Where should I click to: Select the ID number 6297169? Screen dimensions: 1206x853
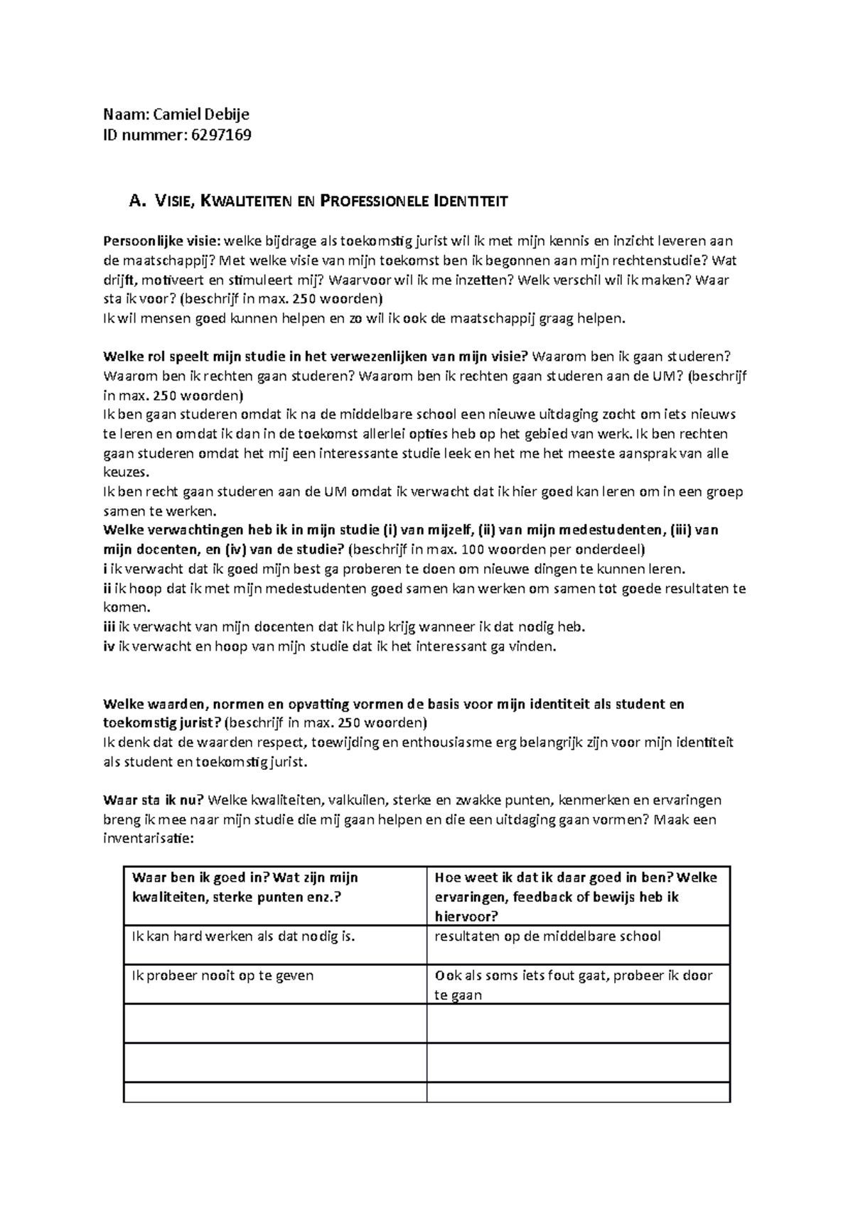[220, 134]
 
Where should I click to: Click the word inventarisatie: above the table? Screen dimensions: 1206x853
[148, 839]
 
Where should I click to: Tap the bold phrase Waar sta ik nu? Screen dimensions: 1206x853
[154, 800]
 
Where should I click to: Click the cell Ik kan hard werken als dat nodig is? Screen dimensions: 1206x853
[243, 936]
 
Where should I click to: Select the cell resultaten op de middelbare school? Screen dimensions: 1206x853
[547, 936]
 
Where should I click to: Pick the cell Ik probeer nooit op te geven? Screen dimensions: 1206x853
[222, 975]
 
